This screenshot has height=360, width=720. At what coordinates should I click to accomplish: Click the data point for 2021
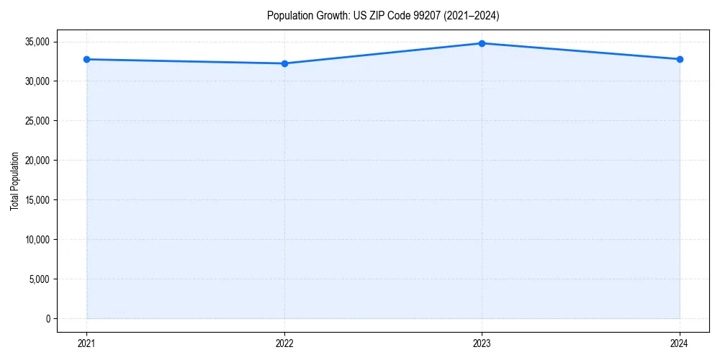86,59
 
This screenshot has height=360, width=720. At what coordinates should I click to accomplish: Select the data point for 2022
284,63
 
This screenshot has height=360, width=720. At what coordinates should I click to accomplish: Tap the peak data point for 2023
482,43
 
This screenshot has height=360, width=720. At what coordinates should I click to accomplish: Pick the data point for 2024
680,59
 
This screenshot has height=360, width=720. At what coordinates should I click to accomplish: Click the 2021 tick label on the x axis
86,343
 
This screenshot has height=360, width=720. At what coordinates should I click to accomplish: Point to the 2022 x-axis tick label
284,343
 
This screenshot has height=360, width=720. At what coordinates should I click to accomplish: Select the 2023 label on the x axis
482,343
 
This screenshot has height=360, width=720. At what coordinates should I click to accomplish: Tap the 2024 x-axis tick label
680,343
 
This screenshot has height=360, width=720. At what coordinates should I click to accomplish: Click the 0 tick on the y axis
47,319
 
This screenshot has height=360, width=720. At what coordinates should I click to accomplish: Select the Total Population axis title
14,181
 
